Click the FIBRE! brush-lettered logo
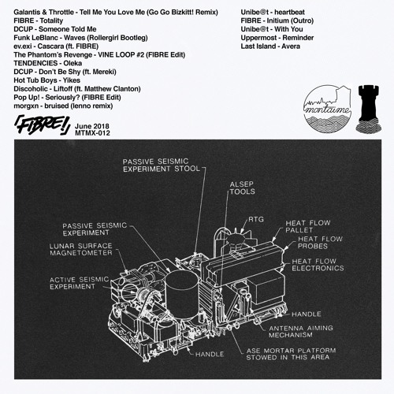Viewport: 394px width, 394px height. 42,125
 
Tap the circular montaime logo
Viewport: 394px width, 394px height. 328,109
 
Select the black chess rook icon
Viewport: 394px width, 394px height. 369,108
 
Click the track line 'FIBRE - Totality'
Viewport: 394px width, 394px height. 39,20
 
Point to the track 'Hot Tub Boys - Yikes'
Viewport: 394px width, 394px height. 46,80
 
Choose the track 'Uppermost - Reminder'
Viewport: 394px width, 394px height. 277,38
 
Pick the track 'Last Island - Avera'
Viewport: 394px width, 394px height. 270,46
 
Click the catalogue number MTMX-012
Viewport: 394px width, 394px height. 92,133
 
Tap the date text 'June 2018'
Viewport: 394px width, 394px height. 92,126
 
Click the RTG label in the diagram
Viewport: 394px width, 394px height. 256,219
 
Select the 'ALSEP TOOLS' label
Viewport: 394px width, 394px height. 242,188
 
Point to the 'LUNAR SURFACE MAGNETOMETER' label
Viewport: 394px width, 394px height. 81,250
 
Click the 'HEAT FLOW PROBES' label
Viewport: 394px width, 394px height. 320,243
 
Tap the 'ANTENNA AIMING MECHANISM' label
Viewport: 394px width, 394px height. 301,332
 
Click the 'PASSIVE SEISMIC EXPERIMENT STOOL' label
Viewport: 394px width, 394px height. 162,165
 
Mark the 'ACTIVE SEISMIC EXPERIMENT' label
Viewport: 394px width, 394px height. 79,283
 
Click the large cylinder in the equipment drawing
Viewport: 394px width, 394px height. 182,293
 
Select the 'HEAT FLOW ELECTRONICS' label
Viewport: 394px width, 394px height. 318,265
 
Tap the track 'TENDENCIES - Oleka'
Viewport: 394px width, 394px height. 48,63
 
